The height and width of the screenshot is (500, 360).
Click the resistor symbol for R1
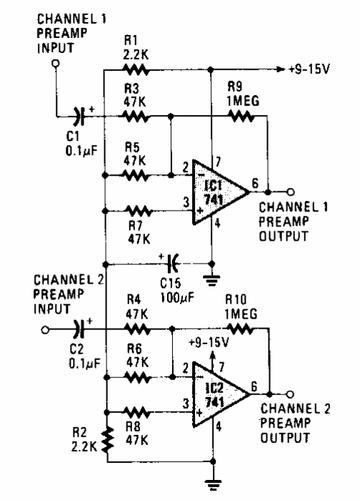136,69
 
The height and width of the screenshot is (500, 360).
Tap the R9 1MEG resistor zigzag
241,116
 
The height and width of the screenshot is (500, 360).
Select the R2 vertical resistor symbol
108,440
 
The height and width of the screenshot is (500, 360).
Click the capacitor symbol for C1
79,116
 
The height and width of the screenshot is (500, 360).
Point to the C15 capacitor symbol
174,264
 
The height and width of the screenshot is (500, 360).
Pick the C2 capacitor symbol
79,329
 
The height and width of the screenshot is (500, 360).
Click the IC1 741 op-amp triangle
221,192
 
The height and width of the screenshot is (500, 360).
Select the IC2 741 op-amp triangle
221,394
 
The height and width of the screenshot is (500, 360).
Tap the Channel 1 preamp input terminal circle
56,63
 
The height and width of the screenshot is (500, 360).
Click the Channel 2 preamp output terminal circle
290,394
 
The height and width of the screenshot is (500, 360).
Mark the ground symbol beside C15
211,280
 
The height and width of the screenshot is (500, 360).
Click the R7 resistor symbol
139,211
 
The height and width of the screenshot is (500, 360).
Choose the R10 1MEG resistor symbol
240,329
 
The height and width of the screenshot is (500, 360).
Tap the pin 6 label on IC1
255,184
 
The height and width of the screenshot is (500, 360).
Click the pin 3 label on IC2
186,404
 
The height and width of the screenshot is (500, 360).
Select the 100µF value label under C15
177,298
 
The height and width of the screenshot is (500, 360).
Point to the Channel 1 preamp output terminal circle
290,192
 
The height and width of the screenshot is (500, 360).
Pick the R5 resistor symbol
136,175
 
